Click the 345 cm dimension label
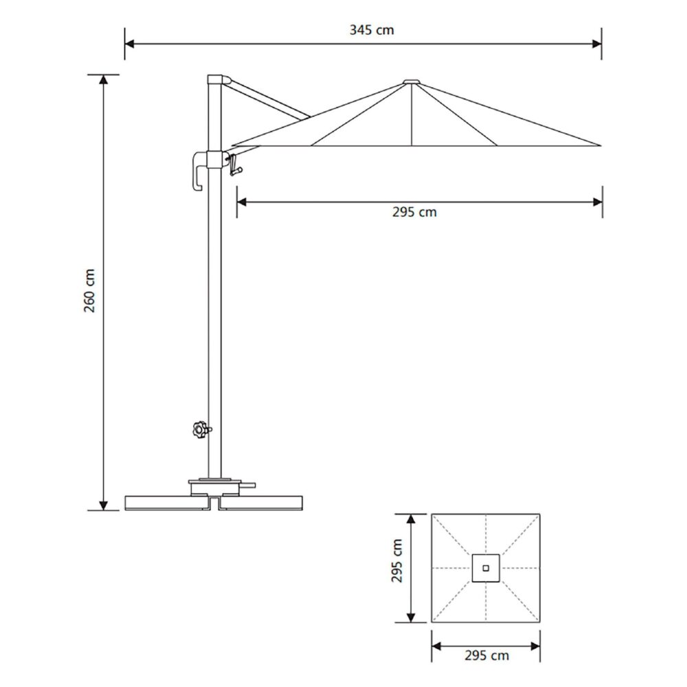[372, 30]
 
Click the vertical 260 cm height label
[90, 292]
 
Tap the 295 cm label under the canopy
[414, 212]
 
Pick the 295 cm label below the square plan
[486, 656]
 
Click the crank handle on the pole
[235, 166]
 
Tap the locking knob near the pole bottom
[200, 430]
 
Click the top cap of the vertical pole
[215, 79]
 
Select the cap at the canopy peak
[412, 82]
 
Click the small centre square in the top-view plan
[486, 568]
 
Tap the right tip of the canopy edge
[599, 146]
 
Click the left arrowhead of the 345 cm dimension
[128, 44]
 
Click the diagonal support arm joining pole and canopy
[268, 100]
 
